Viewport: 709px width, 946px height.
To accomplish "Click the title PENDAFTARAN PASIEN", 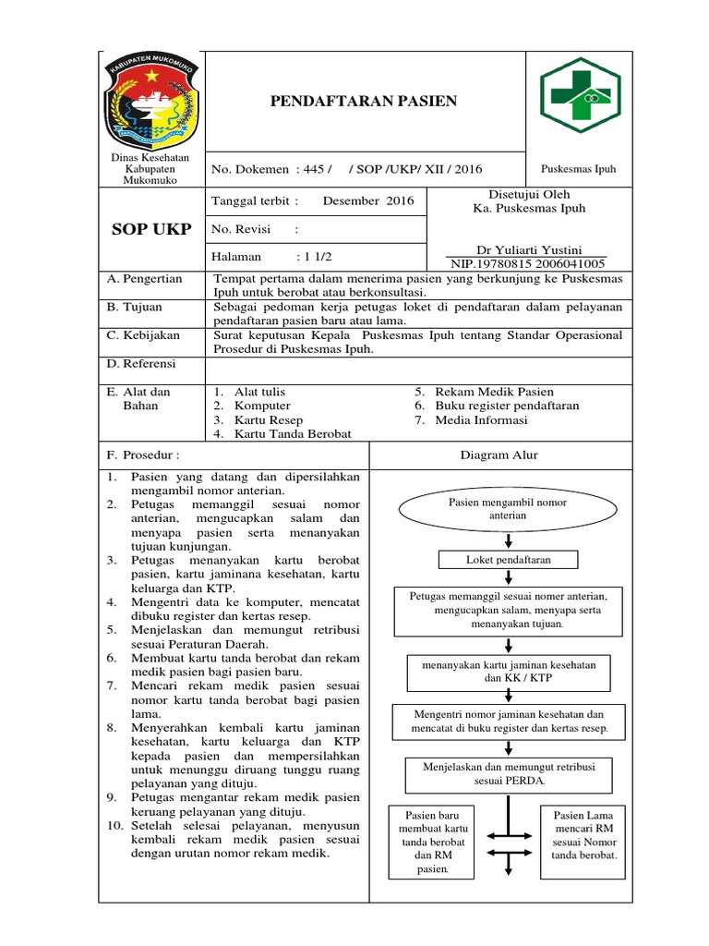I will tap(363, 101).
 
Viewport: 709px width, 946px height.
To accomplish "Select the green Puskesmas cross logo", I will tap(580, 96).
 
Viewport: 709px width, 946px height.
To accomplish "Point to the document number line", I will tap(346, 169).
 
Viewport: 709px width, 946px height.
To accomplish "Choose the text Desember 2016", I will tap(368, 200).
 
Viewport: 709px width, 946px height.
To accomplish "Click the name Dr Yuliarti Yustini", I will tap(527, 249).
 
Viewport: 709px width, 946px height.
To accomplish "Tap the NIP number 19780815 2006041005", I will tap(527, 262).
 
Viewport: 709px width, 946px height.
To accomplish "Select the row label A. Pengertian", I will tap(145, 278).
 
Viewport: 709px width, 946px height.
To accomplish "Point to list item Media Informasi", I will tap(482, 419).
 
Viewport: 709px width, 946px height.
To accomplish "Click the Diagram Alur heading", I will tap(499, 455).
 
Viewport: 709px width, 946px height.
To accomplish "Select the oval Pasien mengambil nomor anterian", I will tap(507, 508).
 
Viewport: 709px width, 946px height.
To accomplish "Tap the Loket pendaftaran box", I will tap(508, 560).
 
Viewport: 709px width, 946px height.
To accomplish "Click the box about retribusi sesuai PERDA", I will tap(508, 773).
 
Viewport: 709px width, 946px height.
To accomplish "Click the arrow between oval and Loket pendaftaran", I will tap(509, 540).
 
